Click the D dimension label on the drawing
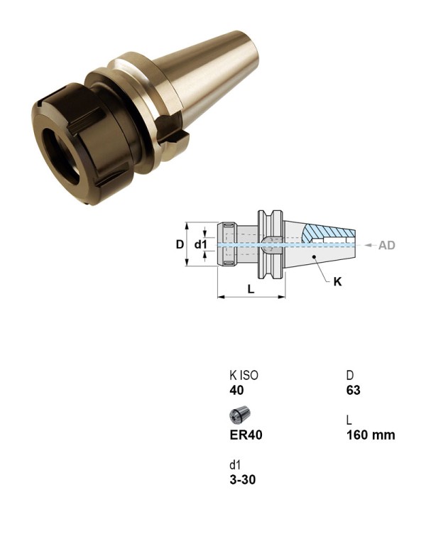pyautogui.click(x=180, y=244)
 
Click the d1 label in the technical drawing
pyautogui.click(x=200, y=244)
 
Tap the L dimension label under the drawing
pyautogui.click(x=251, y=289)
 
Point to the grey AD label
pyautogui.click(x=386, y=245)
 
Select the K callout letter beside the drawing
pyautogui.click(x=338, y=281)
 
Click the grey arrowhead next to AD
pyautogui.click(x=368, y=245)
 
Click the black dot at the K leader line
pyautogui.click(x=314, y=256)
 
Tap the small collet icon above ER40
pyautogui.click(x=239, y=415)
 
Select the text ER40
pyautogui.click(x=246, y=435)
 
